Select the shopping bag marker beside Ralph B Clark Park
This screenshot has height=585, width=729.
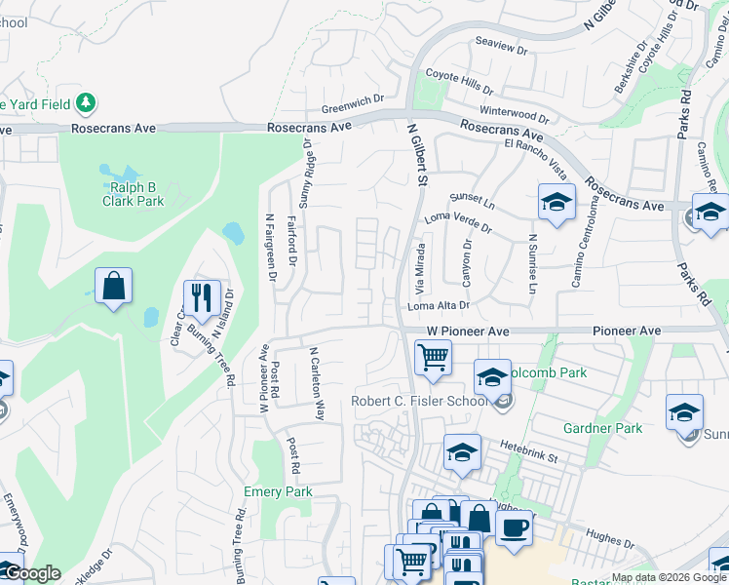point(114,287)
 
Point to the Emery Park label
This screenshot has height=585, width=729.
point(278,491)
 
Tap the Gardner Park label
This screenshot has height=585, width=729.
point(602,428)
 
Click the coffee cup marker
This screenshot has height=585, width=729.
point(514,526)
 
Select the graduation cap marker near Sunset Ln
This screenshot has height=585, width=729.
point(556,203)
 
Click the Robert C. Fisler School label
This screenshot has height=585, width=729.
point(421,402)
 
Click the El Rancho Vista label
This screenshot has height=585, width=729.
point(535,159)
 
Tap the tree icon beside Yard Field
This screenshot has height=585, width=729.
point(86,101)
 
